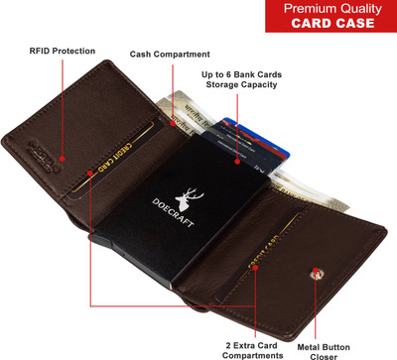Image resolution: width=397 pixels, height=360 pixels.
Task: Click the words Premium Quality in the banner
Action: coord(331,9)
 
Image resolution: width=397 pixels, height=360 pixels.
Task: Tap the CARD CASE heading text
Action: coord(331,25)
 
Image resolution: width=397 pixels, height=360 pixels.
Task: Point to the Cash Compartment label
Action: coord(170,54)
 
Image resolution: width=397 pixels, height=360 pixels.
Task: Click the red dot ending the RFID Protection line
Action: coord(62,157)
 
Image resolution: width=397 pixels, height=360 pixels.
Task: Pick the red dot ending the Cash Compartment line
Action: coord(170,124)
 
